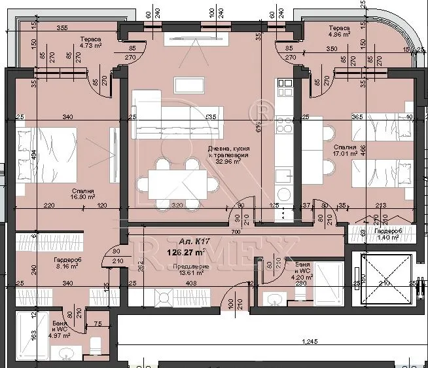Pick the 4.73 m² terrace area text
(x=90, y=46)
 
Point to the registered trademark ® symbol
(x=262, y=105)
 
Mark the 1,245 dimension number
(x=310, y=341)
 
